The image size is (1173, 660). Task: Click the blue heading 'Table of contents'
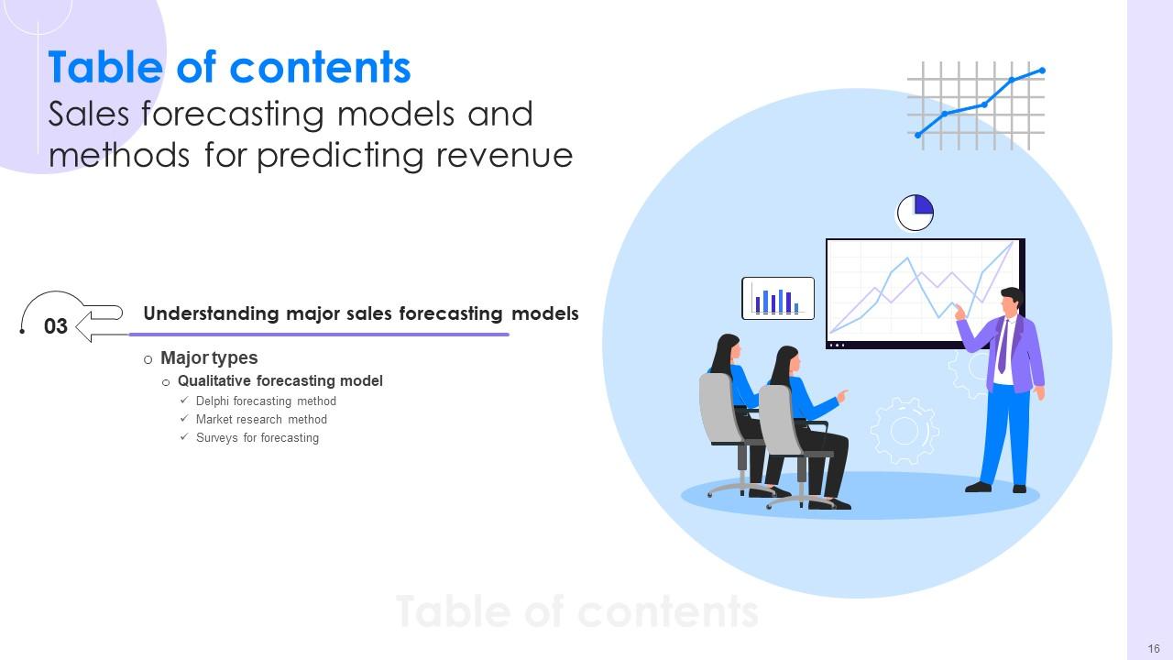pos(229,68)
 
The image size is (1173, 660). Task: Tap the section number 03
pos(56,326)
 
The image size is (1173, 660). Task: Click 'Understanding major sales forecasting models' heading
pos(361,313)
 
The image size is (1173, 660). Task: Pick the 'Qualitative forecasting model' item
pos(280,380)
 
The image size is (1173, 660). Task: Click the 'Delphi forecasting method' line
pos(266,401)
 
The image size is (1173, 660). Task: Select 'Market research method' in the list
pos(261,420)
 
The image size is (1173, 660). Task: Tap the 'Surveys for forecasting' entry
pos(258,438)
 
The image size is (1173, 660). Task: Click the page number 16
pos(1154,649)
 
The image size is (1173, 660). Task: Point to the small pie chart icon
pos(915,213)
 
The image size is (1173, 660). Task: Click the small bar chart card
pos(777,298)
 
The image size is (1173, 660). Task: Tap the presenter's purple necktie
pos(1003,346)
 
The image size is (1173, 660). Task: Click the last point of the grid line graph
pos(1042,71)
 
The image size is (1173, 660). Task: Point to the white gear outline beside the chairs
pos(904,430)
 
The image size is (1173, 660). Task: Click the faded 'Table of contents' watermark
pos(577,611)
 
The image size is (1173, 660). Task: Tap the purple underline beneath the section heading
pos(321,335)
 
